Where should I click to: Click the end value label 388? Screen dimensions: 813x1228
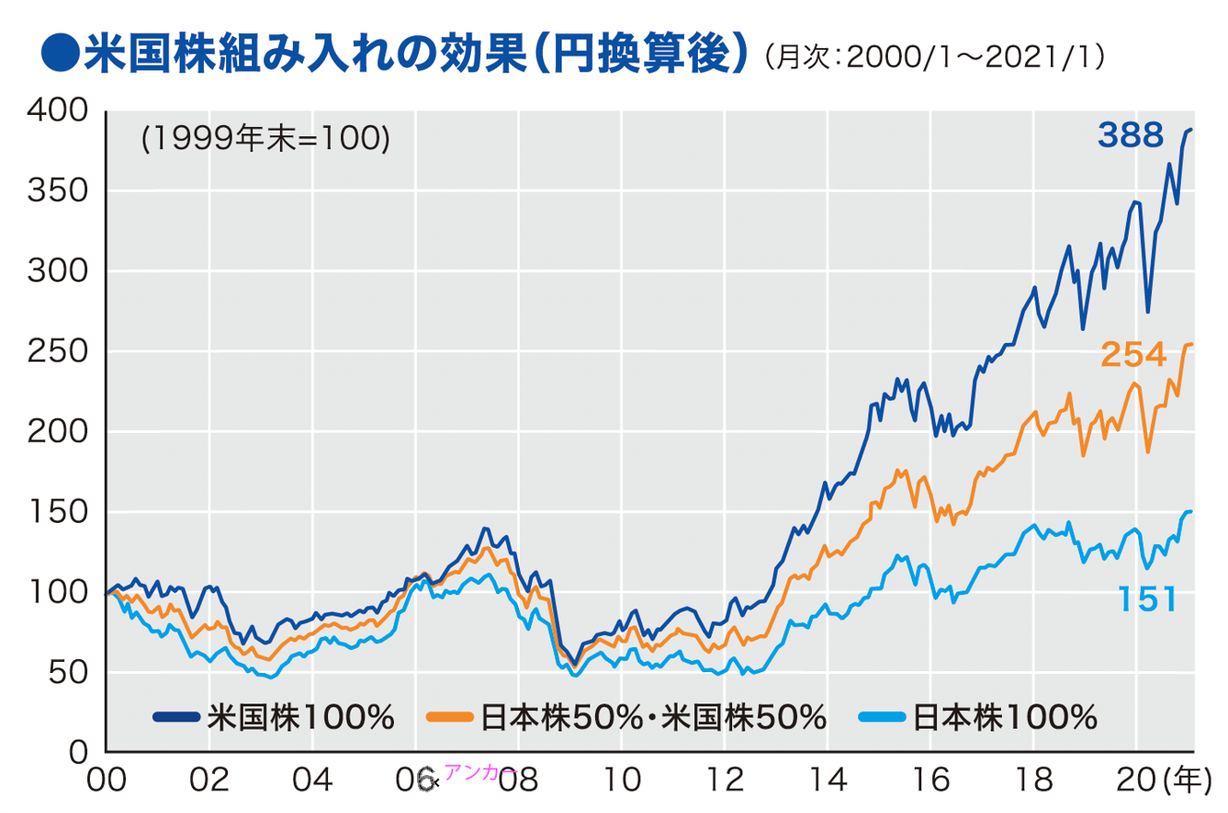pyautogui.click(x=1130, y=137)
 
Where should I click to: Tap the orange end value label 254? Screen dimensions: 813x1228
pyautogui.click(x=1133, y=354)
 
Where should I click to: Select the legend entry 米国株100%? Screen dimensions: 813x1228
pyautogui.click(x=274, y=717)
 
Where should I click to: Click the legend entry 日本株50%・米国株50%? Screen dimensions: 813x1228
pyautogui.click(x=627, y=717)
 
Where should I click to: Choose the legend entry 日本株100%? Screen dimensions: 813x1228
pyautogui.click(x=978, y=717)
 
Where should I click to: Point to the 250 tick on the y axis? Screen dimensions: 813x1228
pyautogui.click(x=57, y=351)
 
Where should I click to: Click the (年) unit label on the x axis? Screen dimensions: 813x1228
pyautogui.click(x=1186, y=781)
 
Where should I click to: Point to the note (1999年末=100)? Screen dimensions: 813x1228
pyautogui.click(x=265, y=138)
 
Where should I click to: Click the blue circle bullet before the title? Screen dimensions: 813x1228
pyautogui.click(x=57, y=56)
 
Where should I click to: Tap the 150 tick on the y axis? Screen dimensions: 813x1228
pyautogui.click(x=57, y=512)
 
